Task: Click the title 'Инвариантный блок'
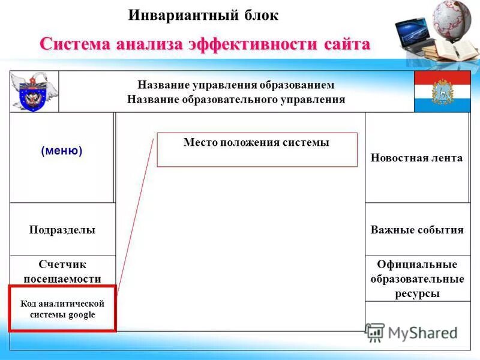(203, 15)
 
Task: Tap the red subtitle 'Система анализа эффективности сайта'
(205, 44)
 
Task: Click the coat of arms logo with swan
(34, 92)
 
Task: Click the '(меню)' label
(62, 151)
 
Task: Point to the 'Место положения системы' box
(257, 149)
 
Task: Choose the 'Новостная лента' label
(416, 158)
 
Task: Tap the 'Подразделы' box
(62, 230)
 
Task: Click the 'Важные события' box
(417, 230)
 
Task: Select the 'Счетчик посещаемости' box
(62, 271)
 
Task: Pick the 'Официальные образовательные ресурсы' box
(417, 279)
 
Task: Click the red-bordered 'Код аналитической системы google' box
(62, 309)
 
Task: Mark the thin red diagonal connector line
(135, 216)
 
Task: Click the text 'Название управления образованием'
(236, 85)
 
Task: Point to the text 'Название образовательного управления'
(236, 99)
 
